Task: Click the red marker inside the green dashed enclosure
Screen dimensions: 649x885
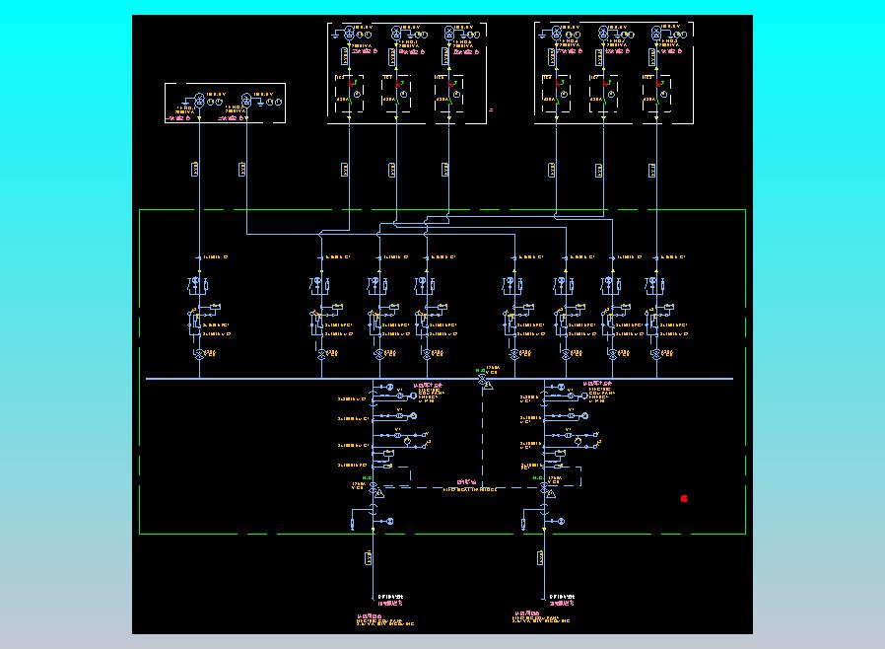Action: [x=684, y=499]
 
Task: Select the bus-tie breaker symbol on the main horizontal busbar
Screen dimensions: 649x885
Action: [x=482, y=379]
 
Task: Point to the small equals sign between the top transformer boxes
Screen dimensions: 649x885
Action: [x=491, y=110]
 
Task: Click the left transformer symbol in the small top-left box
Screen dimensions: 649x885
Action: [x=199, y=102]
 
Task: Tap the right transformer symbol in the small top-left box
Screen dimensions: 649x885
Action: [x=245, y=102]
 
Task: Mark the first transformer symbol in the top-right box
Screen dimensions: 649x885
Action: [x=556, y=35]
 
